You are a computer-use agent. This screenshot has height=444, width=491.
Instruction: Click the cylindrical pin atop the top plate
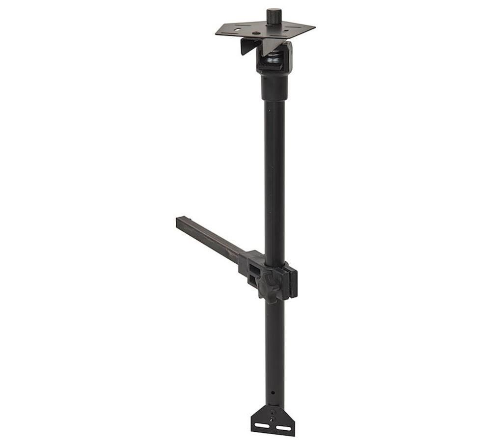pos(274,16)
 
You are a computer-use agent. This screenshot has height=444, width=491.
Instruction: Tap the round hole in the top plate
pos(238,30)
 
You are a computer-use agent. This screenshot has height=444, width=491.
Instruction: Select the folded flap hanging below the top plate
pos(247,47)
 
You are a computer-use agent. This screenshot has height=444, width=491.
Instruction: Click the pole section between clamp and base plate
pos(274,344)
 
